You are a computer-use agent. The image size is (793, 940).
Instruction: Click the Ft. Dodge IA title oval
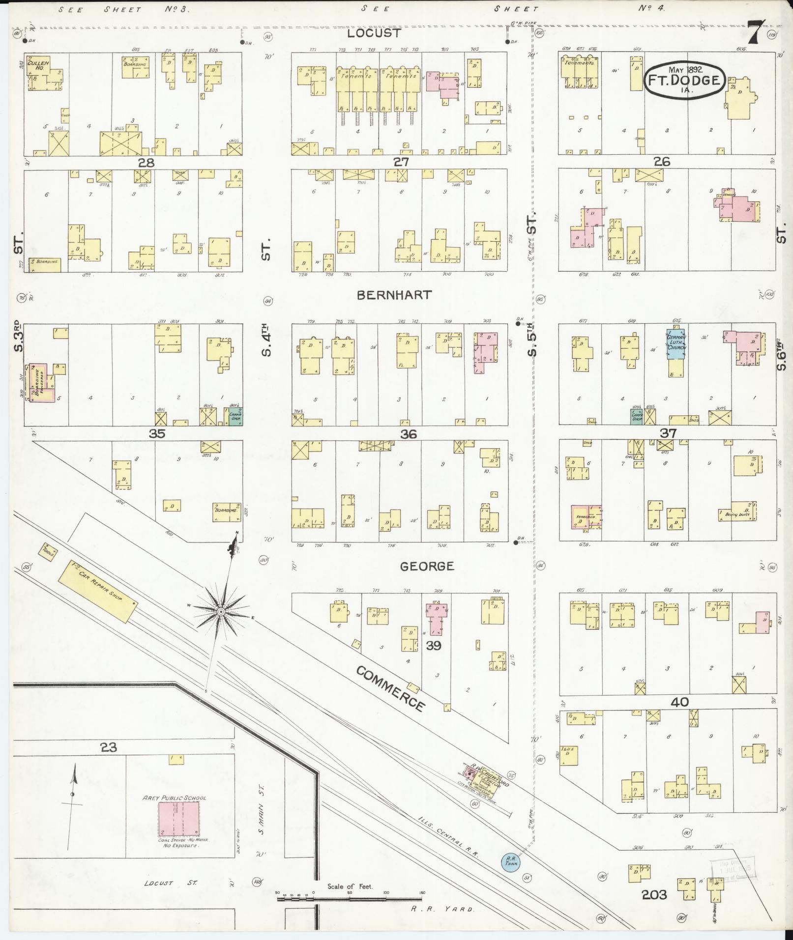coord(684,80)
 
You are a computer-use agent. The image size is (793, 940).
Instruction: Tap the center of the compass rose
coord(221,611)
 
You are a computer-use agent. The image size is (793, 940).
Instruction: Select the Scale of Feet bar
coord(350,897)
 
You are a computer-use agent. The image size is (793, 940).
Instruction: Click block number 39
coord(433,646)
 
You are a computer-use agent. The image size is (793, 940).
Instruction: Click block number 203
coord(654,894)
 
